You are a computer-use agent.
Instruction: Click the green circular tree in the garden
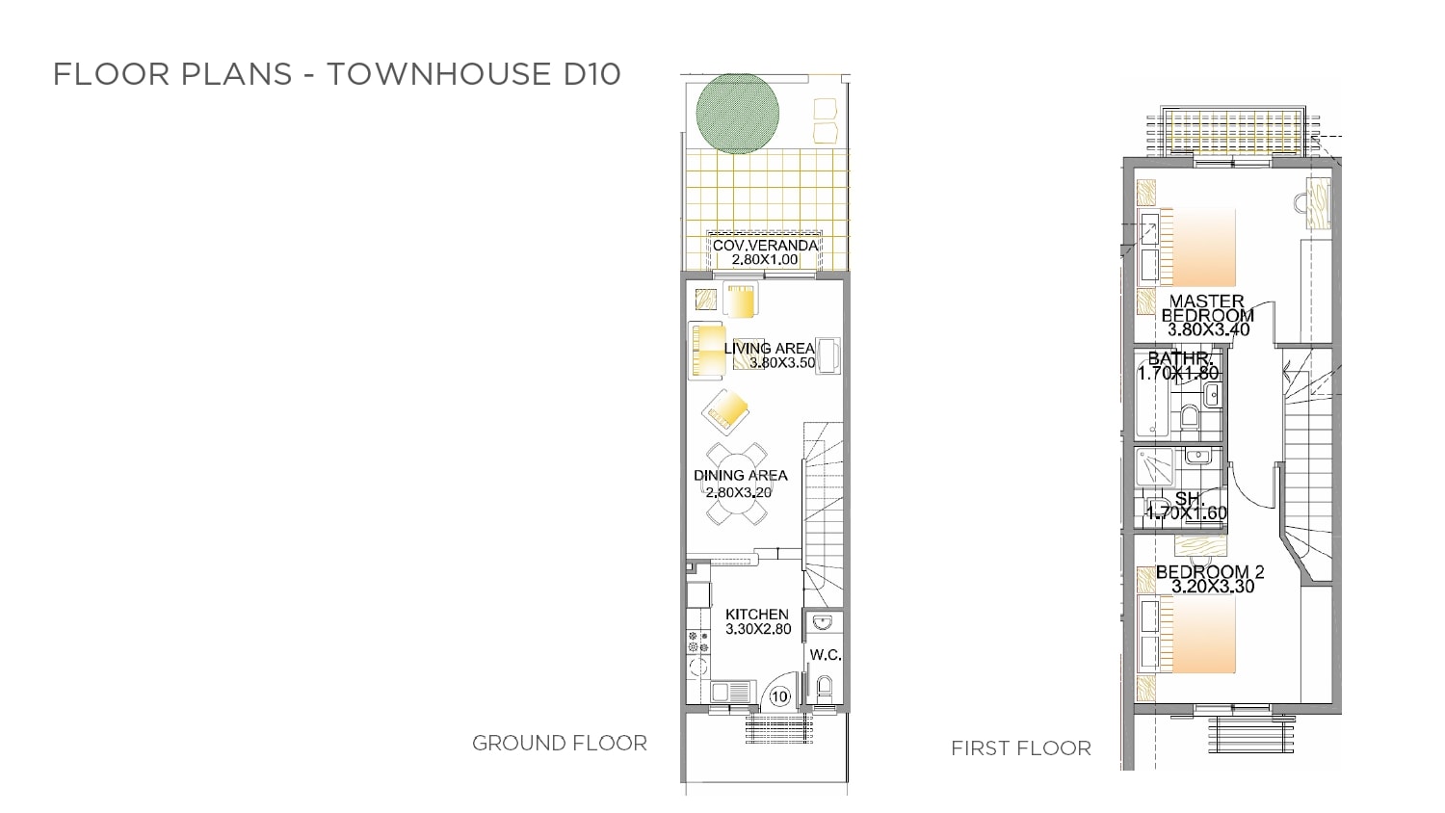(737, 113)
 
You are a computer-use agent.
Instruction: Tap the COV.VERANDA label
(765, 246)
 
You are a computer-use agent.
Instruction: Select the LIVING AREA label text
(769, 348)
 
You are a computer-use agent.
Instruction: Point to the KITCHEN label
(756, 615)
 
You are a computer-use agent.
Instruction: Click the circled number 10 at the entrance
(779, 696)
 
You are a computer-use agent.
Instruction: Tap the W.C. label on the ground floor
(825, 655)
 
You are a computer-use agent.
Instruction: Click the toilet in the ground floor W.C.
(825, 687)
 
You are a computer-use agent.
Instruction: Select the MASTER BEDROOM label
(1207, 308)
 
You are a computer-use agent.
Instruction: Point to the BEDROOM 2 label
(1210, 571)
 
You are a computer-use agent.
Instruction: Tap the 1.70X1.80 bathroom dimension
(1178, 374)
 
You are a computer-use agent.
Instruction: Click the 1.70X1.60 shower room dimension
(1186, 513)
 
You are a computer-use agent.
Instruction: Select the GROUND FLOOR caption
(560, 744)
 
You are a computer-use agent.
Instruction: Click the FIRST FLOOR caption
(1021, 748)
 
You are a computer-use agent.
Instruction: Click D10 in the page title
(591, 73)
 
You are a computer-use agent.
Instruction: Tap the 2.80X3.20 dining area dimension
(738, 492)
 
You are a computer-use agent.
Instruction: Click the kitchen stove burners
(698, 642)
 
